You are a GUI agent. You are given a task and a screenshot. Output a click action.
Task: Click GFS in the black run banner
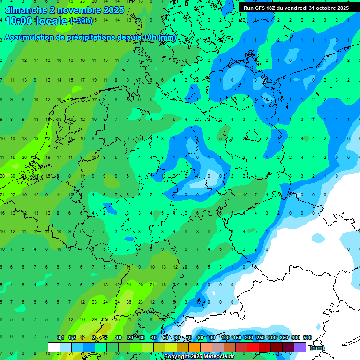(261, 8)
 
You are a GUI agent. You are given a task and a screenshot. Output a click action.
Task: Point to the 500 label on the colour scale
(307, 337)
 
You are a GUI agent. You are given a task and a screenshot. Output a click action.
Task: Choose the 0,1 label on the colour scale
(60, 337)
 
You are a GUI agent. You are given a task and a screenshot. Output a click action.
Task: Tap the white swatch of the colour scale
(54, 347)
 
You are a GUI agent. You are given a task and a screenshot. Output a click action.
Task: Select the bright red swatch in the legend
(253, 347)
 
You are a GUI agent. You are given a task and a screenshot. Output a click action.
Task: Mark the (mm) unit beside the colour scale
(317, 348)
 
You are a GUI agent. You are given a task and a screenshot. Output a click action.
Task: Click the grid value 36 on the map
(128, 302)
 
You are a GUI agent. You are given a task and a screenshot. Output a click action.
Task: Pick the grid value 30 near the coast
(13, 176)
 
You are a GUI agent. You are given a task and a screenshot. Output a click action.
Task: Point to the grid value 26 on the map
(24, 157)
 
